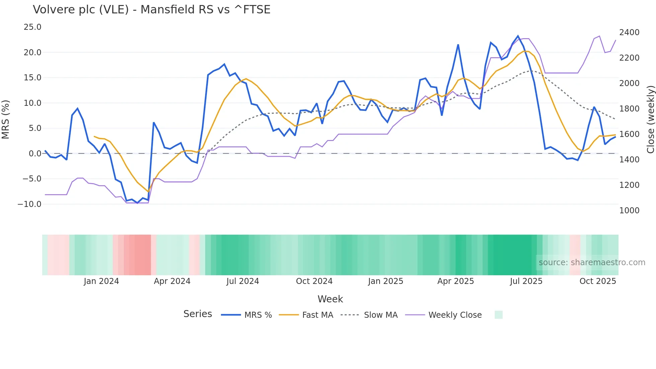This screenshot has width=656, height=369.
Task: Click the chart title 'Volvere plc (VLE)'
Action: (151, 10)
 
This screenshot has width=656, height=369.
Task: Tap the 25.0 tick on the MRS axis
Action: (32, 27)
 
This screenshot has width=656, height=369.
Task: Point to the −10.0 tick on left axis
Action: (29, 204)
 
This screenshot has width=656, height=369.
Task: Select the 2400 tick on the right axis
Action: (629, 32)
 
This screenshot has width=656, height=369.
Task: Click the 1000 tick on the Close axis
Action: (629, 210)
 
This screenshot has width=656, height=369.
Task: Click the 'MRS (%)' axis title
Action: (6, 119)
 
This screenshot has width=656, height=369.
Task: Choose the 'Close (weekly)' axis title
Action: (650, 119)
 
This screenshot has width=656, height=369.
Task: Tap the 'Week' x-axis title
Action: (330, 299)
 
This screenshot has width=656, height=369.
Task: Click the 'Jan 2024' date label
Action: (101, 281)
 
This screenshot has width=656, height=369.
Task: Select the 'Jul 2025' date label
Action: (526, 281)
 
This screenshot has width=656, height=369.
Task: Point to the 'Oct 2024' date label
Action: (314, 281)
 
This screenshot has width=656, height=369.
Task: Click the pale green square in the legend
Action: (498, 315)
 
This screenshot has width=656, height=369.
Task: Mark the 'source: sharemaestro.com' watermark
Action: (592, 262)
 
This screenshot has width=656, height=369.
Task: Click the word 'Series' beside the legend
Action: (197, 314)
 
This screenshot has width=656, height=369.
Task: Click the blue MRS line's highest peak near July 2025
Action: (518, 36)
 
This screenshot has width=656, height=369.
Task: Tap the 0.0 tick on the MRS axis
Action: (35, 153)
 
